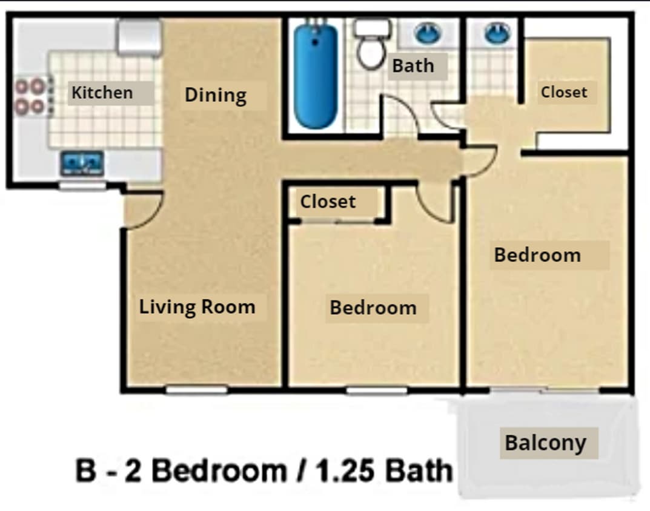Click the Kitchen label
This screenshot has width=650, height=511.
click(102, 93)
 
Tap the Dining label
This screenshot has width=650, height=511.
click(216, 95)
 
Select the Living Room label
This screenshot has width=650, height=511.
click(197, 306)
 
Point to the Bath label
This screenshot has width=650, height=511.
click(413, 65)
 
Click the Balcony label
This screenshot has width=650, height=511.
click(545, 443)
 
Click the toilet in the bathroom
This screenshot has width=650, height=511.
click(371, 44)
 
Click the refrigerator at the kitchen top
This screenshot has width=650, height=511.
click(140, 36)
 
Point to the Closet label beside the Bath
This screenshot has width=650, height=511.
click(564, 92)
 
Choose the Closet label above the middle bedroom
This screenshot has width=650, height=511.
click(328, 201)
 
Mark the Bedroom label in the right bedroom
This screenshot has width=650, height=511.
click(537, 255)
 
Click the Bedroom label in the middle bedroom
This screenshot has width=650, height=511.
click(373, 308)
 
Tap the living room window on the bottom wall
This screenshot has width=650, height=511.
click(196, 390)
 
